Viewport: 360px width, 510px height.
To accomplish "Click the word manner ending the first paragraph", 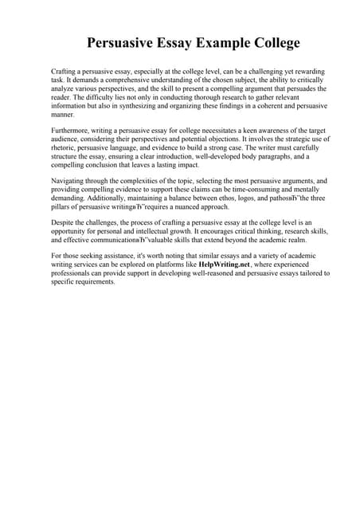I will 62,116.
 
